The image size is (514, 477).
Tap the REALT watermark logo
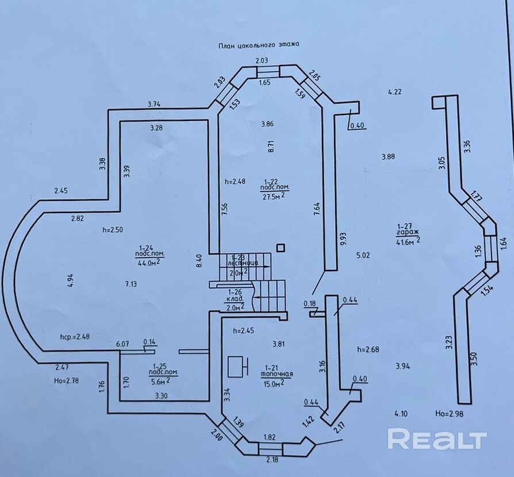pyautogui.click(x=437, y=440)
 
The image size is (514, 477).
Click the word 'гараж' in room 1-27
pyautogui.click(x=406, y=234)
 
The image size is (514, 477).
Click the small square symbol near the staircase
pyautogui.click(x=281, y=248)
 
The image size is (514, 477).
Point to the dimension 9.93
pyautogui.click(x=343, y=239)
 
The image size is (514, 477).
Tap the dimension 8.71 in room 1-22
pyautogui.click(x=271, y=146)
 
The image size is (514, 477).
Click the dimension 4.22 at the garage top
pyautogui.click(x=395, y=91)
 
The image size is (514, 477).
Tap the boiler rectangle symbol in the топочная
pyautogui.click(x=236, y=365)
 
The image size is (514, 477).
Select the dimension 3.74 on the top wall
pyautogui.click(x=154, y=104)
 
